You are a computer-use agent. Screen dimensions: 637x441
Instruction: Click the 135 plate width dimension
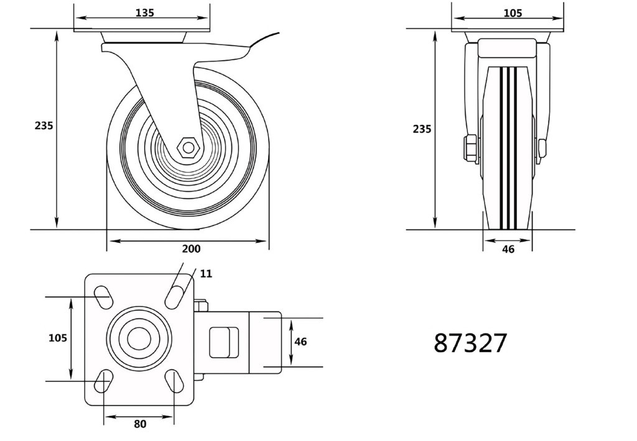[x=144, y=13]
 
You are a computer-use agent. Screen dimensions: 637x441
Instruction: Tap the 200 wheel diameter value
[x=191, y=248]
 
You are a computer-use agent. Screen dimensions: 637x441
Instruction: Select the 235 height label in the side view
[x=44, y=125]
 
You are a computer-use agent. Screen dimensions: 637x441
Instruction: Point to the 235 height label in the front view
[x=422, y=129]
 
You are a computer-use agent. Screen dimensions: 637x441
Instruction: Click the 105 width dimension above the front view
[x=513, y=14]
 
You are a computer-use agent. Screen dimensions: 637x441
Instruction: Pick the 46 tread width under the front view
[x=508, y=249]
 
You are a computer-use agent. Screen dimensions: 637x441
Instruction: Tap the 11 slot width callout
[x=207, y=274]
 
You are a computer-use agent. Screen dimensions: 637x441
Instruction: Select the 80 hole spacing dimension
[x=140, y=424]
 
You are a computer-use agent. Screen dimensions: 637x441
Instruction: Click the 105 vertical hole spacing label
[x=58, y=337]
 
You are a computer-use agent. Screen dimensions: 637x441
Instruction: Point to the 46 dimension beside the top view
[x=300, y=342]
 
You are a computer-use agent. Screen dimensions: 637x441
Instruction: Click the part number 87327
[x=470, y=343]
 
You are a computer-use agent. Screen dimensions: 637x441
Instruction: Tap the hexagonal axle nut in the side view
[x=188, y=148]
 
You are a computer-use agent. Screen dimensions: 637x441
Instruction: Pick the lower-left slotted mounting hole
[x=103, y=381]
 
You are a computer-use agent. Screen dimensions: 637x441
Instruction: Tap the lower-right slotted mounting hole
[x=175, y=381]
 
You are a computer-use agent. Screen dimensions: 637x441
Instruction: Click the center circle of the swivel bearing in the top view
[x=139, y=339]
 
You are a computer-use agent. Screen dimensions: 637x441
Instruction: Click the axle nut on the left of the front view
[x=470, y=148]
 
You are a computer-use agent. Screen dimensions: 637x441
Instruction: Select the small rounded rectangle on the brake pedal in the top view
[x=223, y=342]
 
